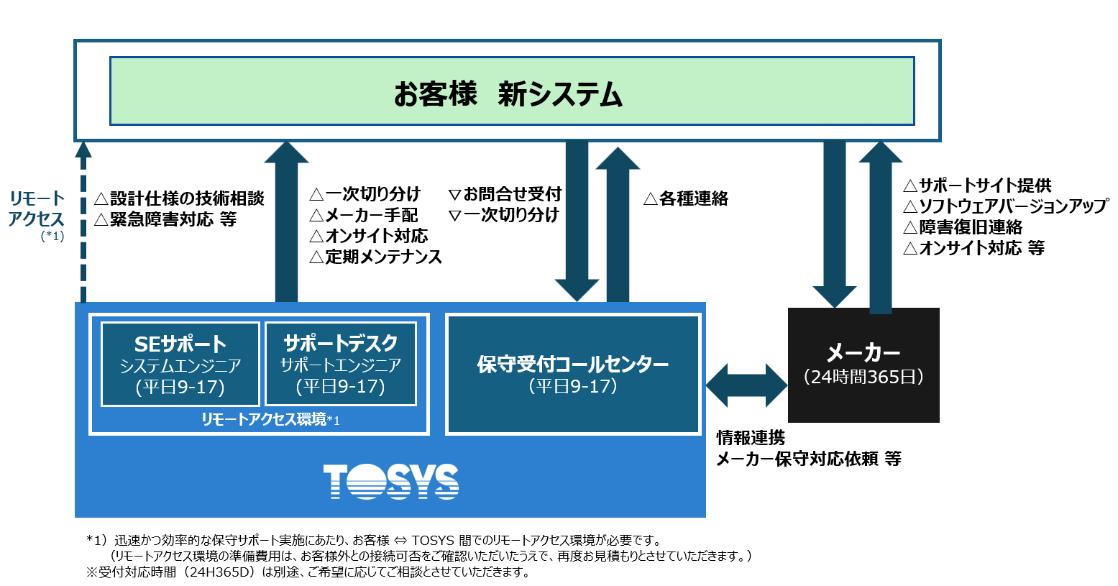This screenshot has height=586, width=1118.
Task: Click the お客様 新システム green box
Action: click(x=511, y=92)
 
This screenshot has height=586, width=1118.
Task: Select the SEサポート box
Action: click(x=180, y=364)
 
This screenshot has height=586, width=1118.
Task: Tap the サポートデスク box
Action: click(x=341, y=364)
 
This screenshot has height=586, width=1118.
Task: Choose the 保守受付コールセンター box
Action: click(x=573, y=374)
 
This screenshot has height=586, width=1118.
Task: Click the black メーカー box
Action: click(x=863, y=365)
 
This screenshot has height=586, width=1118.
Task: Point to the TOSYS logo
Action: click(x=390, y=481)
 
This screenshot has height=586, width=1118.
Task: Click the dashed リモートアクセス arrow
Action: click(x=84, y=223)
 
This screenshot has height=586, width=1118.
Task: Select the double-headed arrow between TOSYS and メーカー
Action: click(x=747, y=385)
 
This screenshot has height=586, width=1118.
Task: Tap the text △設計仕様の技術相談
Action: click(x=180, y=198)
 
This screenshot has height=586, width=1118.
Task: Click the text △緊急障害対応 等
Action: click(x=166, y=219)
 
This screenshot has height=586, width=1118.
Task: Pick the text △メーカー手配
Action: click(x=364, y=215)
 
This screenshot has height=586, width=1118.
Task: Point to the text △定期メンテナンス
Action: click(x=376, y=257)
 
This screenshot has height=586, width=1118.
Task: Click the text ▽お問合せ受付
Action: click(x=505, y=194)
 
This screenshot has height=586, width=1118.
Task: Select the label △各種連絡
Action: click(x=686, y=198)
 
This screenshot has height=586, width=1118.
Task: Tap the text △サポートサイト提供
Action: click(x=977, y=186)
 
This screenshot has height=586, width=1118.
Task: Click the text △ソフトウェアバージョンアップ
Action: click(x=1005, y=206)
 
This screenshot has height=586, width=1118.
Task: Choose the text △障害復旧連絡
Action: click(x=963, y=227)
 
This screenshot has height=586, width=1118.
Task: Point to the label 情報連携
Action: click(x=751, y=438)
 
